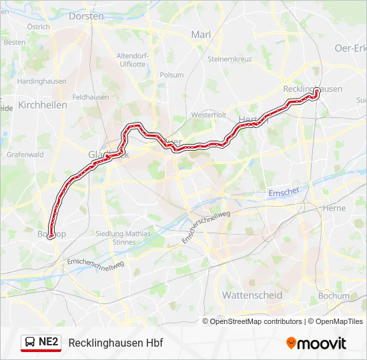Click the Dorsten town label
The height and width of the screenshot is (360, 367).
tap(87, 15)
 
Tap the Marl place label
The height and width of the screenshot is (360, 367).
tap(201, 35)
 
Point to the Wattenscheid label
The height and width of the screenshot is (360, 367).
tap(252, 295)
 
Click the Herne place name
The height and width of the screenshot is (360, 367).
tap(334, 208)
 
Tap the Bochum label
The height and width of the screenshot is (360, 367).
tap(333, 295)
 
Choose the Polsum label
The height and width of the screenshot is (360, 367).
tap(171, 75)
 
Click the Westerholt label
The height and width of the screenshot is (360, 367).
tap(209, 115)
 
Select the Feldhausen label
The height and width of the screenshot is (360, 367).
tap(90, 97)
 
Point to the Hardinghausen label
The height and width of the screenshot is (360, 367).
tap(39, 81)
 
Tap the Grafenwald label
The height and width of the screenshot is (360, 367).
tap(25, 154)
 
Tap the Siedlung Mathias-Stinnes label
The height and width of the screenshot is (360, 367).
tap(124, 237)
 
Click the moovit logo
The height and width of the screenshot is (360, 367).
tap(316, 343)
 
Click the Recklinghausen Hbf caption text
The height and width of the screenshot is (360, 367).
tap(115, 343)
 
